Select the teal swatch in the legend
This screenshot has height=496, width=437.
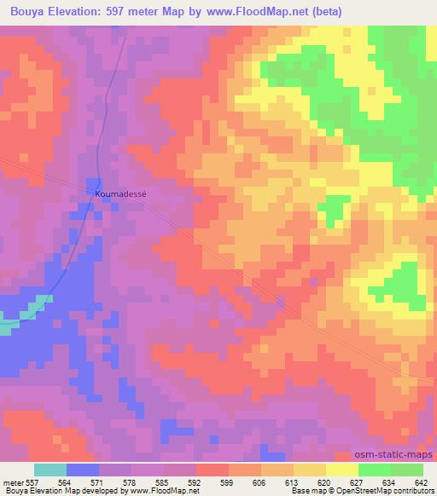click(x=50, y=470)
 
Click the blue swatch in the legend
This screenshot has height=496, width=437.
click(x=83, y=470)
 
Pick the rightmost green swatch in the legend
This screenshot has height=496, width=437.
click(x=406, y=470)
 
